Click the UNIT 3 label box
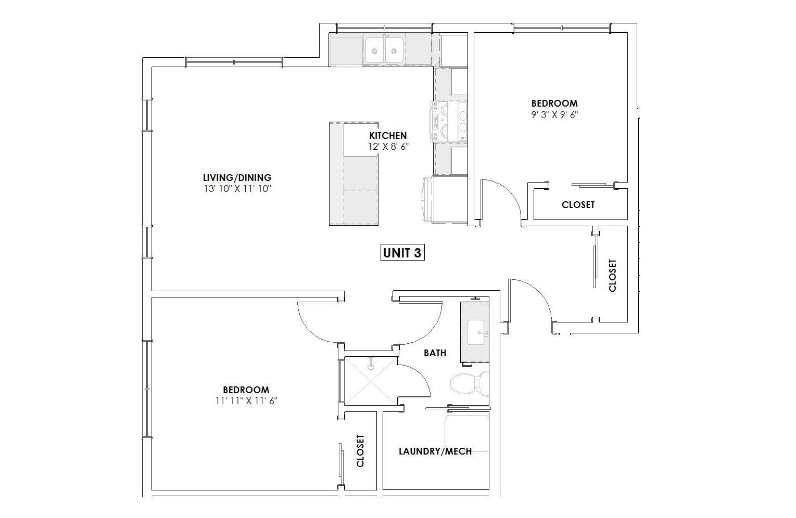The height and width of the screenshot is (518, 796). click(x=402, y=252)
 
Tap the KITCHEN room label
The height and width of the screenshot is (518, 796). click(x=388, y=135)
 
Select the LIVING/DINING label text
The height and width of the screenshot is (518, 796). click(x=237, y=177)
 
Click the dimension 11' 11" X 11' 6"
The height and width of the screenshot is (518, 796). click(x=246, y=401)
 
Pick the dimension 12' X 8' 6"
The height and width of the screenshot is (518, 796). click(x=388, y=146)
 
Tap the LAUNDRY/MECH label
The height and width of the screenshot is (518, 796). click(x=435, y=451)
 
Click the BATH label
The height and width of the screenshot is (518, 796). click(x=435, y=353)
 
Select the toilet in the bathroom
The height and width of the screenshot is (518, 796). click(x=470, y=384)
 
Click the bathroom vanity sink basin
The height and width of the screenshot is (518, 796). click(x=476, y=332)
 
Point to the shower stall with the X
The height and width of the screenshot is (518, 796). click(x=370, y=381)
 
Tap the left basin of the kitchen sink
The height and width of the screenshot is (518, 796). click(x=375, y=51)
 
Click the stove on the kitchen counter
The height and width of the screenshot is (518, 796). click(x=449, y=121)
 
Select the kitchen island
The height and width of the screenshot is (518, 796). click(x=353, y=174)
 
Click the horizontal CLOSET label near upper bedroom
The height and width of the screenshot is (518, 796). click(x=578, y=204)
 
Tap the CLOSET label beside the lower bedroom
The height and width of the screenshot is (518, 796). click(x=360, y=451)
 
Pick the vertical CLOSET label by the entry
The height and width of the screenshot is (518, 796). click(x=612, y=276)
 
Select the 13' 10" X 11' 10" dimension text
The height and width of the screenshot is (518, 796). click(x=237, y=188)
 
